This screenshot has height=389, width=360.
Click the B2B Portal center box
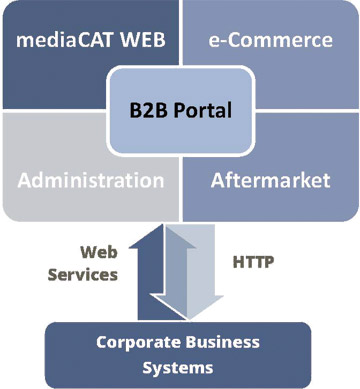(179, 110)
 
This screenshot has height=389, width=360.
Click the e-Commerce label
(269, 41)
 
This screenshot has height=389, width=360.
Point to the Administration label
(91, 181)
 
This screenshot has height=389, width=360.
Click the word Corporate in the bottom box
(135, 342)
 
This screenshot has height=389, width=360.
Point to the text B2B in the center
(148, 110)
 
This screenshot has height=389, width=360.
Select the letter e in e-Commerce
(214, 42)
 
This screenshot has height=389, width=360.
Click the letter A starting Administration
(26, 181)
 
